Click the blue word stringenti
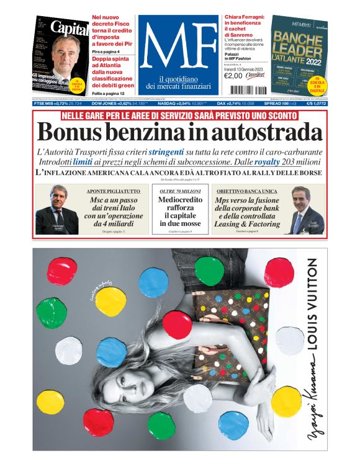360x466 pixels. [x=166, y=151]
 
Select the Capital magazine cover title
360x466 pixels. [x=69, y=29]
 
